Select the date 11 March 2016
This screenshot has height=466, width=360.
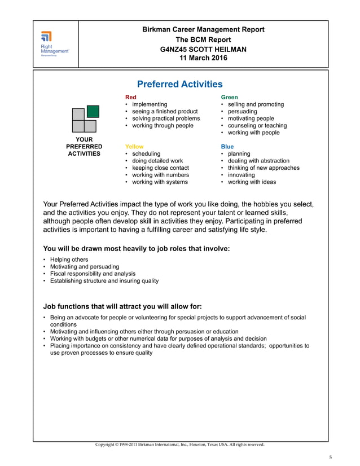(x=204, y=58)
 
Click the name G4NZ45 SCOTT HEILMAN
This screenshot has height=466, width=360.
(x=204, y=49)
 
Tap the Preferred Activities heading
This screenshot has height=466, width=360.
(x=180, y=84)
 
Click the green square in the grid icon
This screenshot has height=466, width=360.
(x=93, y=112)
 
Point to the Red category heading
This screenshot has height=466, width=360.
(x=130, y=97)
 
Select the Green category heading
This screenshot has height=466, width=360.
(x=229, y=97)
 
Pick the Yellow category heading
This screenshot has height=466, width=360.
(x=134, y=147)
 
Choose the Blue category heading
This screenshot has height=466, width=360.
(x=227, y=147)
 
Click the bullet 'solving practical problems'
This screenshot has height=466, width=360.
(x=165, y=118)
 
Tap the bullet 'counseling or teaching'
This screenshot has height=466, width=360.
(x=257, y=126)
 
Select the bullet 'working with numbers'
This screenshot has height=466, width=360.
(x=160, y=175)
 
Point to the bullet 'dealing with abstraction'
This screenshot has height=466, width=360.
(x=258, y=161)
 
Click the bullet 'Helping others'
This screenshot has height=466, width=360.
(x=69, y=260)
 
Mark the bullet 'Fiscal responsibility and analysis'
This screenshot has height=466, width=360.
(x=93, y=274)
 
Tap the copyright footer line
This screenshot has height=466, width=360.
(x=179, y=445)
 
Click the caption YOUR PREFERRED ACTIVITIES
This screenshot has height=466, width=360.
(x=84, y=146)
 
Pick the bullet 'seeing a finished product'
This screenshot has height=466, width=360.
(x=164, y=112)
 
